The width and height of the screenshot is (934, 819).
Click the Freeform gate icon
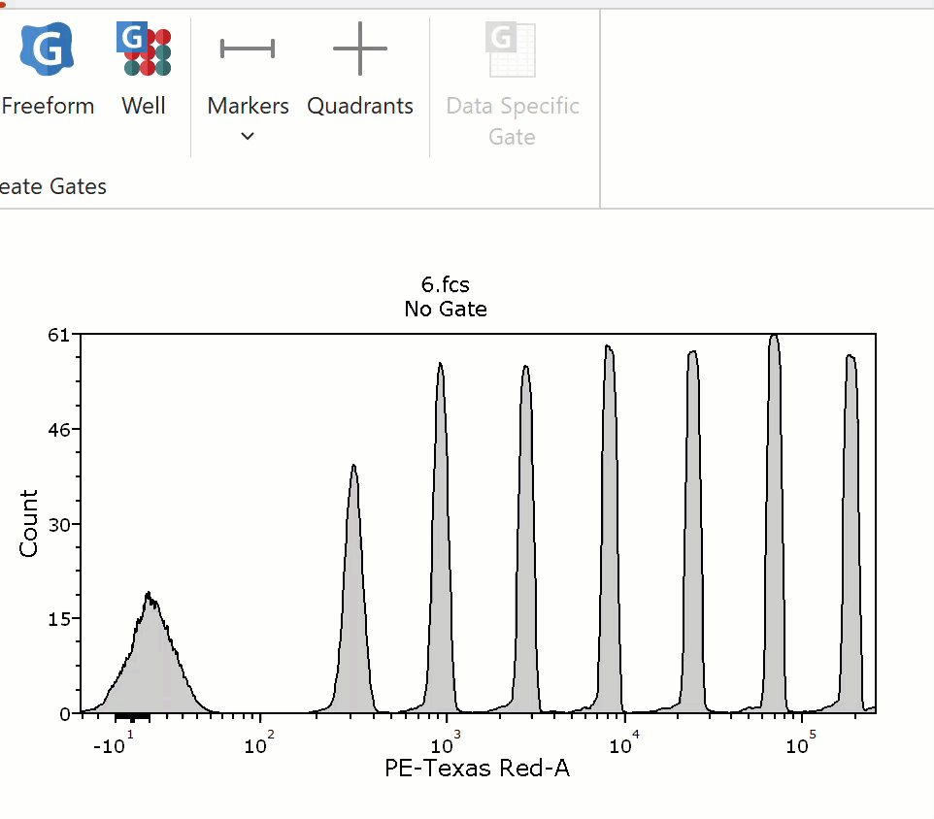(x=47, y=49)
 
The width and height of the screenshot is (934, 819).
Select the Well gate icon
(x=144, y=49)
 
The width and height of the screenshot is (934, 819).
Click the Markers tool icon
(x=248, y=49)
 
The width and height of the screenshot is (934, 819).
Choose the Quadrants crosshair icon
(x=360, y=49)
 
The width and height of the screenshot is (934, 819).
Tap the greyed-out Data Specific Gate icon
(x=511, y=50)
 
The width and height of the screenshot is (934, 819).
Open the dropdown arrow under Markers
(x=248, y=136)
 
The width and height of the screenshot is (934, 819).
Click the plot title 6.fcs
(x=445, y=284)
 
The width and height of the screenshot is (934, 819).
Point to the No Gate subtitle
(x=446, y=309)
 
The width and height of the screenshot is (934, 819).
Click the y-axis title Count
(x=28, y=523)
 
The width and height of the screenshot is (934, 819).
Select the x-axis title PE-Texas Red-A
(x=477, y=768)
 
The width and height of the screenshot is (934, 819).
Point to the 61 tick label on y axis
(x=59, y=335)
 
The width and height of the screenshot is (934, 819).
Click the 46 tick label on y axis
(x=59, y=430)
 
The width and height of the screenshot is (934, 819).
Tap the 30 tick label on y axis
(x=59, y=525)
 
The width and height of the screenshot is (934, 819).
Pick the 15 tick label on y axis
(x=59, y=619)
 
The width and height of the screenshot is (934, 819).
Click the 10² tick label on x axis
(x=259, y=742)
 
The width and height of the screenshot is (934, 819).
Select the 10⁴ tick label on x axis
(x=624, y=742)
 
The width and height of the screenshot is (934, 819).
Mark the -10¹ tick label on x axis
(x=114, y=742)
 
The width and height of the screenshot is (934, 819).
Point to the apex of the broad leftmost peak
(x=149, y=593)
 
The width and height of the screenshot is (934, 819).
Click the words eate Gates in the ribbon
(x=53, y=186)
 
